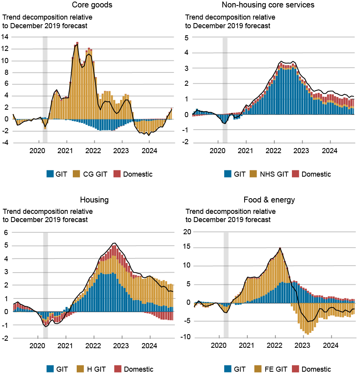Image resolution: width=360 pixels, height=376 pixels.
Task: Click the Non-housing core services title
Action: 268,5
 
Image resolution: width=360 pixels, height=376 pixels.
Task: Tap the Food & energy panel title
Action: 269,200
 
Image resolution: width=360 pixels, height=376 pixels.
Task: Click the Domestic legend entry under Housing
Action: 135,369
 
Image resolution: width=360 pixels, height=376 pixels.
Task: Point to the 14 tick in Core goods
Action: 5,37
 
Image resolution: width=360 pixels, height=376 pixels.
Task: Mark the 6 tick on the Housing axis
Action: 5,232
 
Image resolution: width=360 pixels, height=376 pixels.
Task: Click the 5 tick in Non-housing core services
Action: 187,38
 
